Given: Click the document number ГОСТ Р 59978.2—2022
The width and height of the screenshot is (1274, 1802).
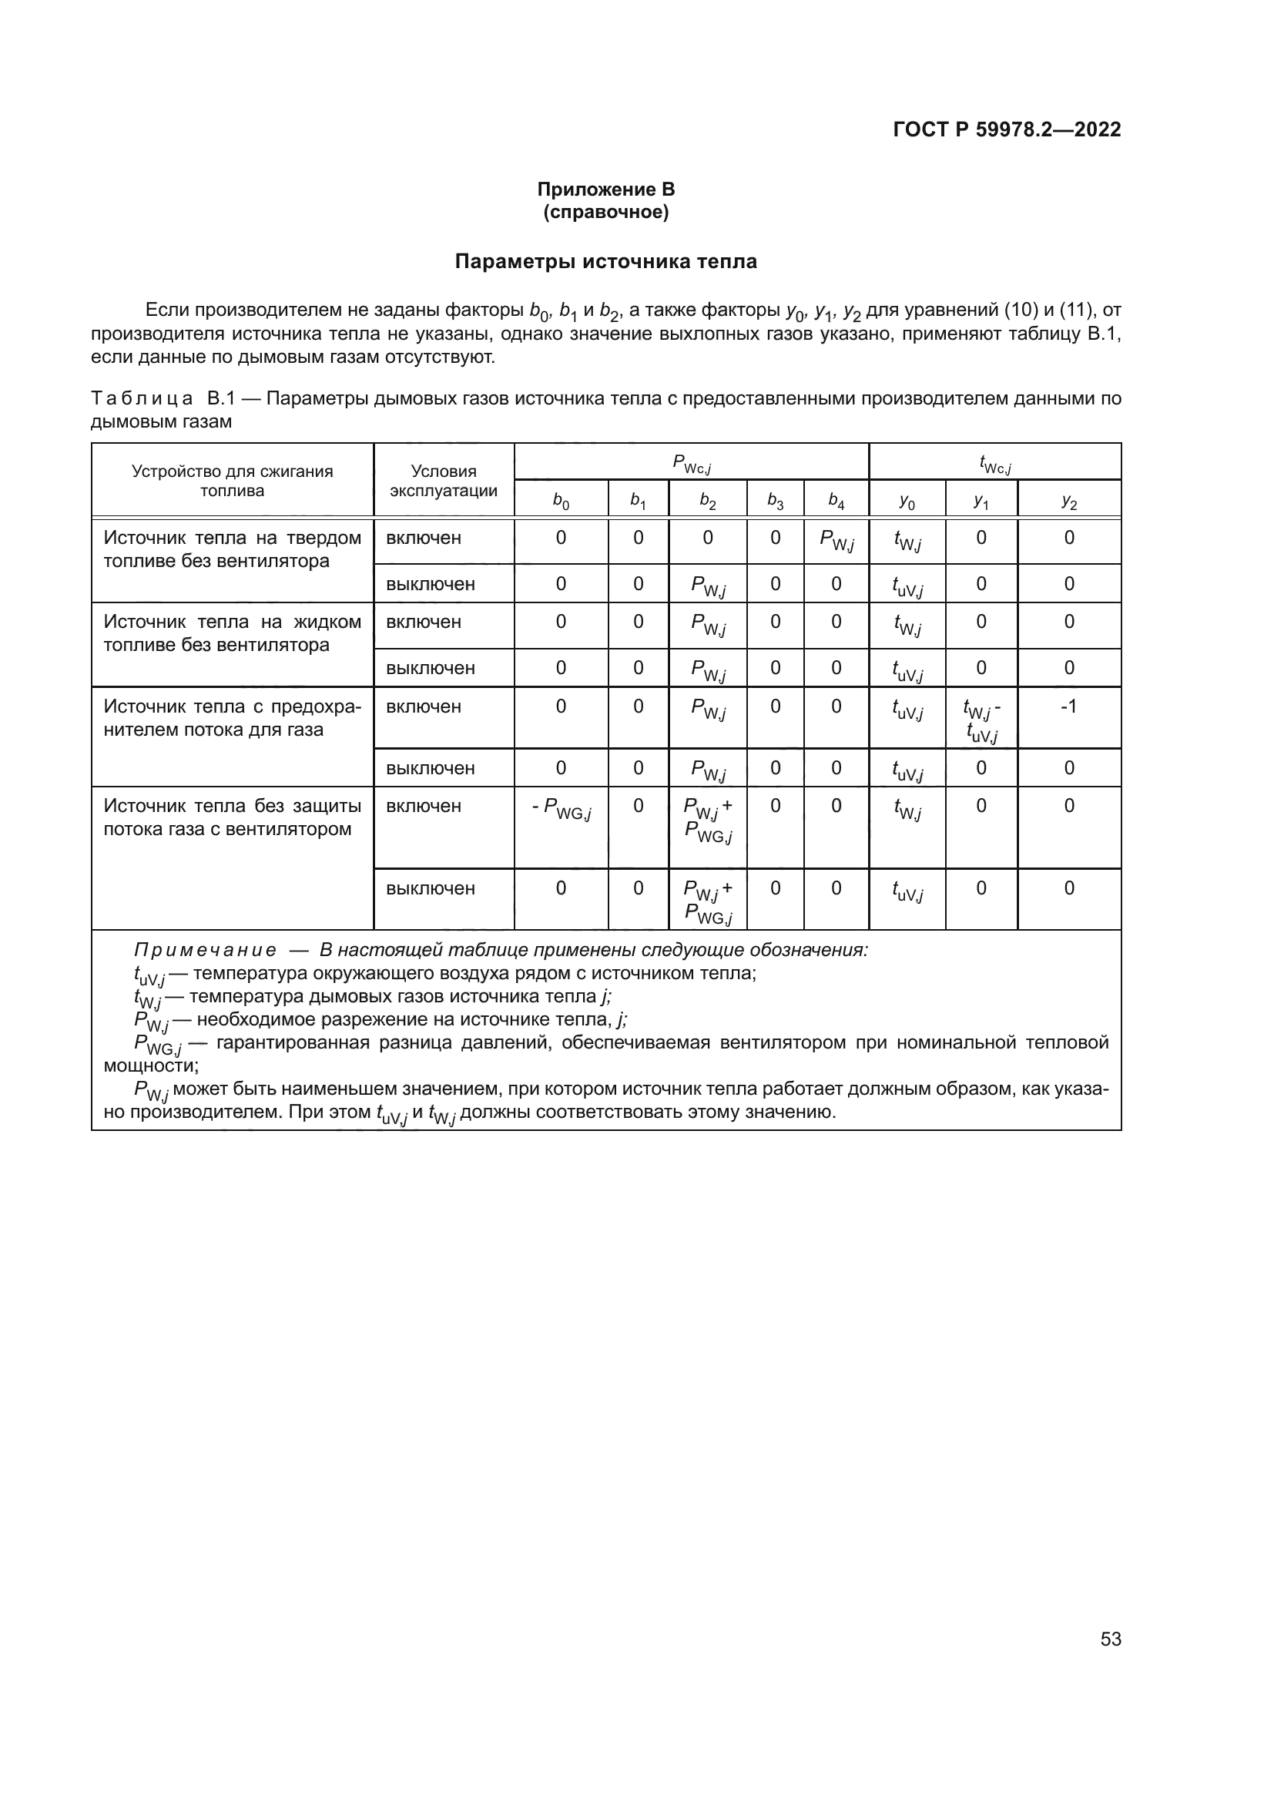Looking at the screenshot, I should pyautogui.click(x=1007, y=130).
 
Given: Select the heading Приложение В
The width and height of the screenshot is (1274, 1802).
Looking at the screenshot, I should pyautogui.click(x=605, y=190).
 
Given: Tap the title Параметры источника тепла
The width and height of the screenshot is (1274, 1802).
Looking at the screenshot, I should pyautogui.click(x=605, y=262).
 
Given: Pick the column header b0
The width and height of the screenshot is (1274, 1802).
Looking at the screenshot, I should pyautogui.click(x=561, y=501).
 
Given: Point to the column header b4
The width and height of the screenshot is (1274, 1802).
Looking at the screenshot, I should pyautogui.click(x=836, y=501).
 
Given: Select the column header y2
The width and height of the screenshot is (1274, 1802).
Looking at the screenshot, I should pyautogui.click(x=1068, y=501).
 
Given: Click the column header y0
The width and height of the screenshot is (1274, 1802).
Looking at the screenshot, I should pyautogui.click(x=907, y=501).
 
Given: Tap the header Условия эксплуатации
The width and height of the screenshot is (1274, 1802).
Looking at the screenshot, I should pyautogui.click(x=443, y=480).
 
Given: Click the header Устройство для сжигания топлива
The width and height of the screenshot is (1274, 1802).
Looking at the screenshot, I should pyautogui.click(x=232, y=480).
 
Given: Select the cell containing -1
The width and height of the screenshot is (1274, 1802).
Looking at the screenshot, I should pyautogui.click(x=1068, y=706).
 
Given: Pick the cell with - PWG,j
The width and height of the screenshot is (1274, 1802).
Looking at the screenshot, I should pyautogui.click(x=561, y=808).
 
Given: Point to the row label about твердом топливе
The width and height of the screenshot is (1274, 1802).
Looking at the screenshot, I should pyautogui.click(x=232, y=549).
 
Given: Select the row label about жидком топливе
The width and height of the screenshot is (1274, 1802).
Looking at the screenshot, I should pyautogui.click(x=232, y=633).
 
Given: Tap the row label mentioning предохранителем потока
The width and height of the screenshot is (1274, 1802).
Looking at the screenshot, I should pyautogui.click(x=232, y=718).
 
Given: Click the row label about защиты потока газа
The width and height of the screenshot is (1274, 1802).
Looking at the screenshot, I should pyautogui.click(x=232, y=818).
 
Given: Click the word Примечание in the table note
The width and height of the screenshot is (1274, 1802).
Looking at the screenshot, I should pyautogui.click(x=205, y=951).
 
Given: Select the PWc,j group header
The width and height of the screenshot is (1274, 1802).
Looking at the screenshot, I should pyautogui.click(x=691, y=464).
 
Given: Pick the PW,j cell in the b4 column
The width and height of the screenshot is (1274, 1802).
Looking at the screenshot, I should pyautogui.click(x=836, y=540).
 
